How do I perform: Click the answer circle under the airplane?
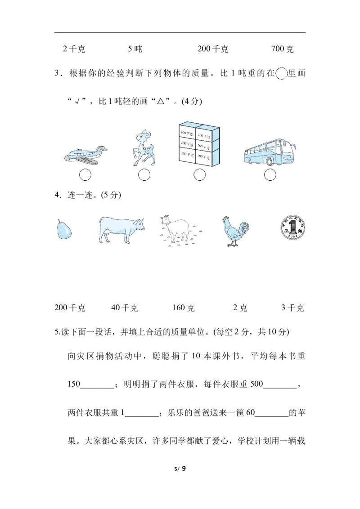pos(85,175)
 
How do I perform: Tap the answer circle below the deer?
pos(144,175)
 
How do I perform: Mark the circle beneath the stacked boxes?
pos(199,175)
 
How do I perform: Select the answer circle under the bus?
pos(270,175)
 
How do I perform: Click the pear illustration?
pos(64,229)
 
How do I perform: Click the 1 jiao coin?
pos(293,227)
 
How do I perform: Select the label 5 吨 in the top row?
pos(135,49)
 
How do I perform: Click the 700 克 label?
pos(282,49)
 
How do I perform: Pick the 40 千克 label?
pos(125,308)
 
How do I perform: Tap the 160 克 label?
pos(183,308)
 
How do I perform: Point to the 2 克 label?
pos(240,308)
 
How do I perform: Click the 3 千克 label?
pos(292,308)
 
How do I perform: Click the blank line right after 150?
pos(97,388)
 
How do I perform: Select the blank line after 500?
pos(280,388)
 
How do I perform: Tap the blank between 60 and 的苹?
pos(272,416)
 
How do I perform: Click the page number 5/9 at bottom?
pos(180,469)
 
